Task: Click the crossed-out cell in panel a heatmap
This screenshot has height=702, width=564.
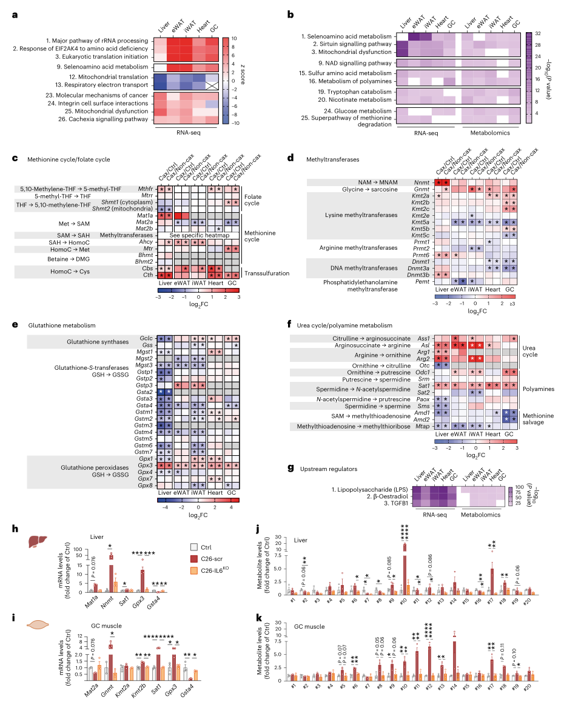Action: point(213,86)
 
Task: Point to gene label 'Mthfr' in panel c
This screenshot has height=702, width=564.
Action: point(146,189)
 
